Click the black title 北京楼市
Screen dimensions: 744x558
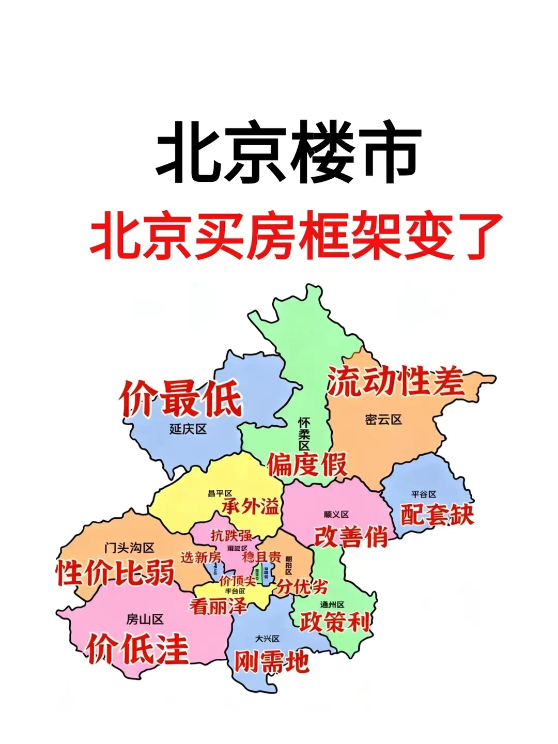(288, 153)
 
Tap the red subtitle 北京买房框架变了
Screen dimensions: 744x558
(296, 236)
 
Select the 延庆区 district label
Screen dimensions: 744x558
(188, 429)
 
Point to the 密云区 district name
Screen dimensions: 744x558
(383, 420)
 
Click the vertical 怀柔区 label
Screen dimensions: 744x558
(304, 434)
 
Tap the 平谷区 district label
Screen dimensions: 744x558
(424, 494)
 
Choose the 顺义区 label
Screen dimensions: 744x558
(336, 514)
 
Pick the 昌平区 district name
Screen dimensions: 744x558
(220, 493)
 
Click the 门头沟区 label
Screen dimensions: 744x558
(129, 548)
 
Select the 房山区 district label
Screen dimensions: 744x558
(145, 619)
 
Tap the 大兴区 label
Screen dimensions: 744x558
(267, 639)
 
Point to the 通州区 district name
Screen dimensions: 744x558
(332, 605)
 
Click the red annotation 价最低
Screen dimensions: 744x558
(181, 398)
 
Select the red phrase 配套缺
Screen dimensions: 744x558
(437, 514)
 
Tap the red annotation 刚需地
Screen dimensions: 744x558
(272, 662)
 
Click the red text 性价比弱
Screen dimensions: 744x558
(115, 572)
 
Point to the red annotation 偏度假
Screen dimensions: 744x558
(307, 464)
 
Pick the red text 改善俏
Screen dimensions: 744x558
(351, 536)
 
